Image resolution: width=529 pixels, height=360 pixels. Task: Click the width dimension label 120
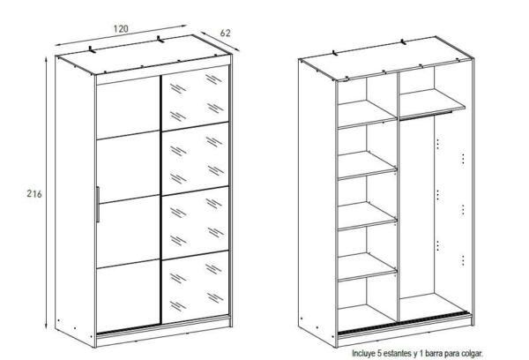[x=121, y=29]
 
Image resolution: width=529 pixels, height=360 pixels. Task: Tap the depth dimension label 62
[x=225, y=34]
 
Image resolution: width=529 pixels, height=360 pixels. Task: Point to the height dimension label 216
[x=34, y=194]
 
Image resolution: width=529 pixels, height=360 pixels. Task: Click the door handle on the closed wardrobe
[x=98, y=205]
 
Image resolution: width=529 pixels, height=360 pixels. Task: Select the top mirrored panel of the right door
[x=196, y=98]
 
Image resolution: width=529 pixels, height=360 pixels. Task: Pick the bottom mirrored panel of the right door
[x=196, y=288]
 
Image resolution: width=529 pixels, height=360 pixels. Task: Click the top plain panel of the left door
[x=128, y=108]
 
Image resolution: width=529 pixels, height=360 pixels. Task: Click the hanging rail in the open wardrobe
[x=426, y=116]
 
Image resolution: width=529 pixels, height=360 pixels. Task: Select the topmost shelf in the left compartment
[x=367, y=114]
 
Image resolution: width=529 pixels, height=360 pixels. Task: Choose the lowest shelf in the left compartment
[x=367, y=266]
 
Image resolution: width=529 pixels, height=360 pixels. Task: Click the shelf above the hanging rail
[x=432, y=103]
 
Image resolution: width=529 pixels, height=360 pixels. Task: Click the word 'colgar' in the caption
[x=473, y=353]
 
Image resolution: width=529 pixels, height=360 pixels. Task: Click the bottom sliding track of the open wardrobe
[x=404, y=323]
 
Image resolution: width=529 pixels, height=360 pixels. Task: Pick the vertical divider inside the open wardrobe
[x=399, y=197]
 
